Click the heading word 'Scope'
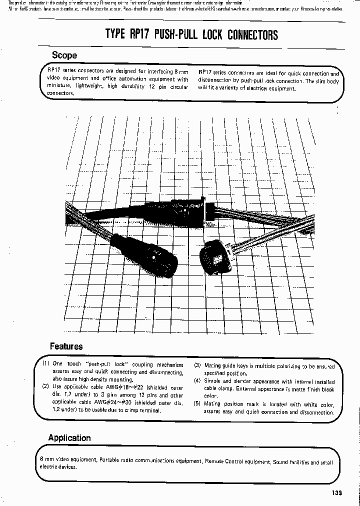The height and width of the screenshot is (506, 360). click(64, 55)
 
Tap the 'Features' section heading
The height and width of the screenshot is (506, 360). click(66, 346)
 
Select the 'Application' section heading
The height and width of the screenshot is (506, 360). click(69, 438)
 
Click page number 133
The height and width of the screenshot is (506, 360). click(336, 493)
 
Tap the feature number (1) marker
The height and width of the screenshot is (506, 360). click(46, 364)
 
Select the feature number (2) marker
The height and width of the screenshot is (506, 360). click(45, 387)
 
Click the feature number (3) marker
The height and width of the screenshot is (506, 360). click(197, 365)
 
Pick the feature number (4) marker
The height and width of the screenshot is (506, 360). click(197, 381)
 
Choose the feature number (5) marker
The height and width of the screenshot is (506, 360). click(197, 404)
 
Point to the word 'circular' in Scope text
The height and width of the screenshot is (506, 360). click(177, 87)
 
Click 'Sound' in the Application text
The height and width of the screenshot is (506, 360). click(281, 462)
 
